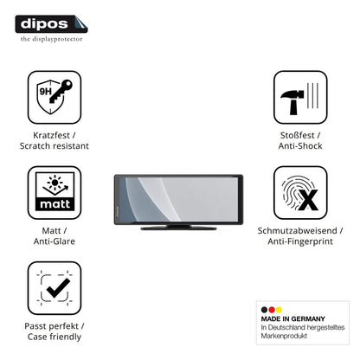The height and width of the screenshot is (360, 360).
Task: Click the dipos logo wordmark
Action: [44, 24]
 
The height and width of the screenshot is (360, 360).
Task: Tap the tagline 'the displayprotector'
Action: [51, 39]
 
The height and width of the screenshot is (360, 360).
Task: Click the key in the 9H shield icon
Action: [61, 91]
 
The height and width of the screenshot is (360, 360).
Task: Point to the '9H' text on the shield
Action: [45, 92]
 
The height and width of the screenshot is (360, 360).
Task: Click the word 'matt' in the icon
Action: [55, 204]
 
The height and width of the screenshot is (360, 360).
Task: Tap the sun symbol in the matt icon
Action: [55, 183]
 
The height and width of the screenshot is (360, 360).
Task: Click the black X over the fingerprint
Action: [308, 200]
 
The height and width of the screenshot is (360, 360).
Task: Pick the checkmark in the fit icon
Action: [58, 288]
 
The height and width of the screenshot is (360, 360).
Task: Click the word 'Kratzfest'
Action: [51, 135]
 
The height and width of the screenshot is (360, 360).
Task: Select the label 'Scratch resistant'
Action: [55, 146]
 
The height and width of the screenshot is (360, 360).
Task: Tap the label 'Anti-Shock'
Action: [300, 146]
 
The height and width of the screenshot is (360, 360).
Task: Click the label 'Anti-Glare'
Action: [55, 241]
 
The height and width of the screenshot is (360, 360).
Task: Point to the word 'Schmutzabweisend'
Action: [298, 231]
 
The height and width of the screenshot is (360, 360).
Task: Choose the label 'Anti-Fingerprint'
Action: [300, 241]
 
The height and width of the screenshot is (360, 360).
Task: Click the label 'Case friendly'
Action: [55, 337]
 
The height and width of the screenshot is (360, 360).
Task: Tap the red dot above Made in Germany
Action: [272, 310]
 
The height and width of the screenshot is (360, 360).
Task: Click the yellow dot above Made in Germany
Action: [279, 310]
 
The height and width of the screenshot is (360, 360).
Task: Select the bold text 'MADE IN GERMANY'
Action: [293, 318]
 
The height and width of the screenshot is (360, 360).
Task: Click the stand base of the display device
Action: [178, 228]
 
